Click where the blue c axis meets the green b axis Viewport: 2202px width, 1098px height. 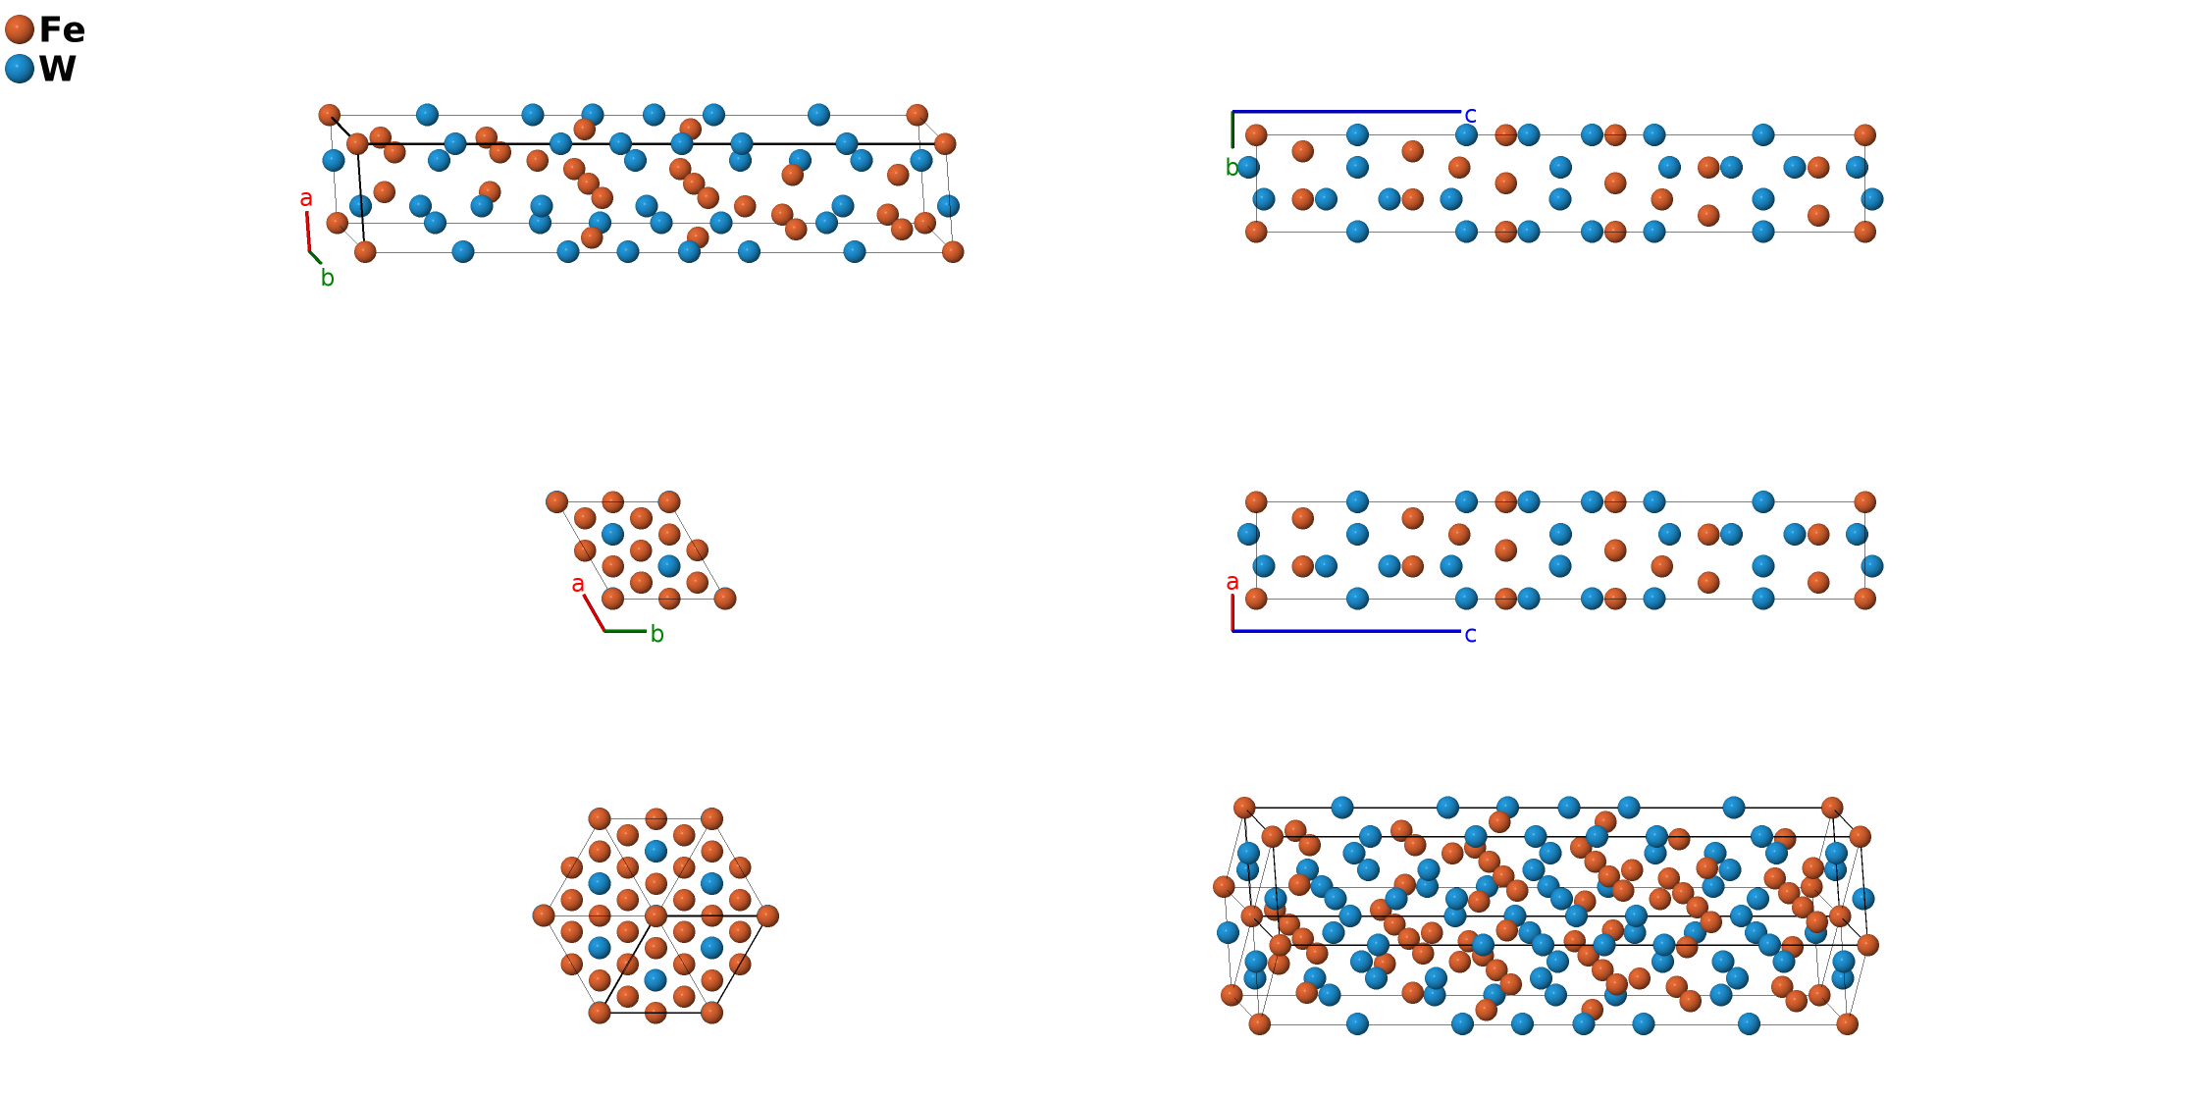[x=1233, y=112]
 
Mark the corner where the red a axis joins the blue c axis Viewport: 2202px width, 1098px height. [x=1233, y=631]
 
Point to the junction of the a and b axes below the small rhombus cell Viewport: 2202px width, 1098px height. [x=604, y=631]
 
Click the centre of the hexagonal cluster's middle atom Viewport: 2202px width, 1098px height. [x=655, y=915]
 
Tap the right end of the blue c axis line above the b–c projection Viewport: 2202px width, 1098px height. [x=1461, y=112]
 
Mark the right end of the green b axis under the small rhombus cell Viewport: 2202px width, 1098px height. [x=647, y=631]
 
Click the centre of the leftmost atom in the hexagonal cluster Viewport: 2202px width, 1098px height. [x=544, y=915]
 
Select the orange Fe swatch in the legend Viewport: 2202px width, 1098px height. [x=20, y=30]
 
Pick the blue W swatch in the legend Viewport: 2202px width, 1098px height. [x=20, y=69]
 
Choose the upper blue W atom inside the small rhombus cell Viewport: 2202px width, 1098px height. [x=612, y=534]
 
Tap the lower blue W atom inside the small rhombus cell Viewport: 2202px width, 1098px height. [x=669, y=566]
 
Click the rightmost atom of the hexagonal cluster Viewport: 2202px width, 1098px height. [x=767, y=915]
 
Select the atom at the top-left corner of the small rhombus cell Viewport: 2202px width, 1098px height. [x=556, y=501]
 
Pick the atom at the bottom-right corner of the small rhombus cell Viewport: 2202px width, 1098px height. [x=725, y=599]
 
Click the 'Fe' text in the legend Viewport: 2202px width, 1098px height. [x=62, y=30]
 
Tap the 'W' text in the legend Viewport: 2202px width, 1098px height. [x=58, y=69]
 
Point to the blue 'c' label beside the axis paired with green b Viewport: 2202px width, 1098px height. [x=1470, y=115]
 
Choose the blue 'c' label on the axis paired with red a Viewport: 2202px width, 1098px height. [x=1470, y=635]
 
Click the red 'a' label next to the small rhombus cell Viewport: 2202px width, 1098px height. [x=578, y=584]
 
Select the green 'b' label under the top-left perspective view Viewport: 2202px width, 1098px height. [x=328, y=278]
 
